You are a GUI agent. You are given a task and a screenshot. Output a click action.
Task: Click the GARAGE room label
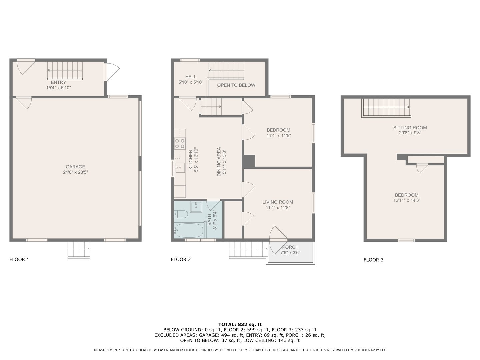coord(75,167)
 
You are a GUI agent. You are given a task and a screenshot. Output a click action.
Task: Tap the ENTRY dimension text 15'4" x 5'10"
coord(59,88)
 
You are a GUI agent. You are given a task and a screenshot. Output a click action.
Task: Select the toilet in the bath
coord(181,214)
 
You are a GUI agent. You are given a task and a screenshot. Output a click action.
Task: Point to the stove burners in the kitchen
coord(180,144)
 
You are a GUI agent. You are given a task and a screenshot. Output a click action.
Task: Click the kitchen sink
coord(180,167)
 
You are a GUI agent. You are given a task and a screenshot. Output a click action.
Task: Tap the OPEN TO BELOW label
coord(236,85)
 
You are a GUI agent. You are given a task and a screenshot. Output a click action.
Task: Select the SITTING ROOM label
coord(410,128)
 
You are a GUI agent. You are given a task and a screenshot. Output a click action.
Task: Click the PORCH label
coord(290,247)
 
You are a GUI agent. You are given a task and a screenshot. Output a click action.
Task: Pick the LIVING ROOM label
coord(278,202)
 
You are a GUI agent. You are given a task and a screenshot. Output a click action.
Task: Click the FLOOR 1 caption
coord(19,260)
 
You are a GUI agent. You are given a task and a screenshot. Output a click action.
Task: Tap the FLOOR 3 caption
coord(373,260)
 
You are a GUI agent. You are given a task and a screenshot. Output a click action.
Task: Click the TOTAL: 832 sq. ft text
coord(240,324)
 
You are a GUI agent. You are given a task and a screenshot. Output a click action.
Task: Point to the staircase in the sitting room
coord(386,108)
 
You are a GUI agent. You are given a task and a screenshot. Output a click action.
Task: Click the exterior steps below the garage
coord(79,250)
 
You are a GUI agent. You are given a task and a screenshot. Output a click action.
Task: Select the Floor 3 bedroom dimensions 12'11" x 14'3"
coord(407,201)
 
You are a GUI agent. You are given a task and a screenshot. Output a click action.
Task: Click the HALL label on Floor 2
coord(191,77)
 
